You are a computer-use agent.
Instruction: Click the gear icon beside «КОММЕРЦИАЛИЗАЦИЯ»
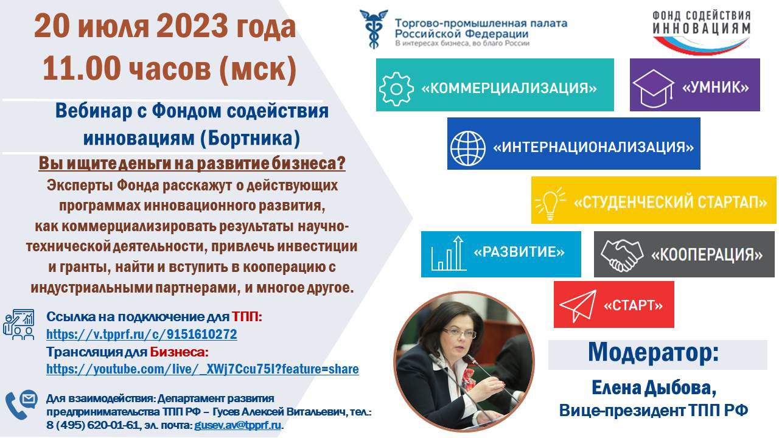pyautogui.click(x=396, y=89)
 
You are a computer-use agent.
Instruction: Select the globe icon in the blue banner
pyautogui.click(x=468, y=148)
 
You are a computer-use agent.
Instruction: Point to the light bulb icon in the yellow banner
pyautogui.click(x=550, y=204)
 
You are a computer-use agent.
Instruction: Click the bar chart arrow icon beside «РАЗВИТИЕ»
pyautogui.click(x=449, y=254)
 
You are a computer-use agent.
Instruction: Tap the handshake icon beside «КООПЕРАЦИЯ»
pyautogui.click(x=621, y=255)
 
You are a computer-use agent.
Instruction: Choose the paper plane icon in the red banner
pyautogui.click(x=578, y=306)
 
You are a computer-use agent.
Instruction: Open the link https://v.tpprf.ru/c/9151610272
pyautogui.click(x=142, y=335)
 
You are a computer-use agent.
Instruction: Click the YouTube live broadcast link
pyautogui.click(x=203, y=369)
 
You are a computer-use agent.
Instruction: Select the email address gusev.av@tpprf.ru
pyautogui.click(x=237, y=425)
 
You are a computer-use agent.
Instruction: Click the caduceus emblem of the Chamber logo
pyautogui.click(x=374, y=29)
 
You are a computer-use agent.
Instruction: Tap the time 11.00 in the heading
pyautogui.click(x=82, y=68)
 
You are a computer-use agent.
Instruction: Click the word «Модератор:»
pyautogui.click(x=654, y=352)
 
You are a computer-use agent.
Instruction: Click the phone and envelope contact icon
pyautogui.click(x=21, y=405)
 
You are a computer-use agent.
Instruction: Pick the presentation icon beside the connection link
pyautogui.click(x=19, y=324)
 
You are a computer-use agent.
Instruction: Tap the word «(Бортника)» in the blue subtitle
pyautogui.click(x=250, y=138)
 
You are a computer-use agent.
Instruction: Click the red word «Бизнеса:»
pyautogui.click(x=179, y=352)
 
